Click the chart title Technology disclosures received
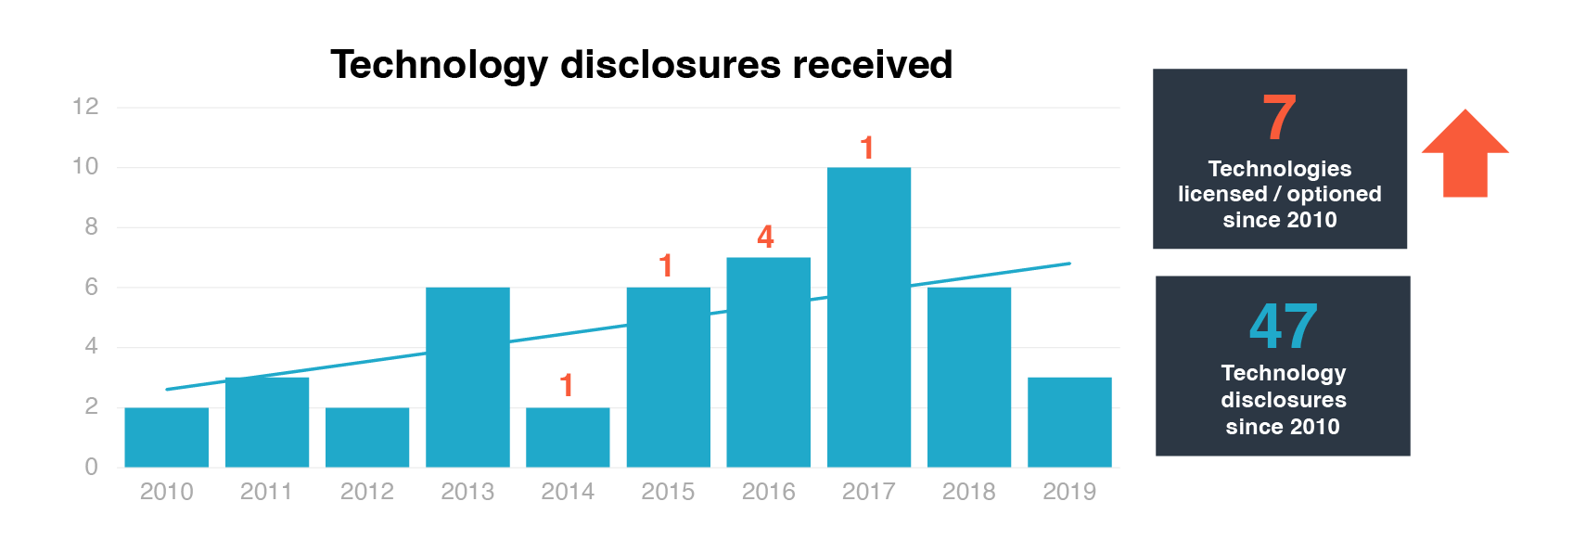click(x=641, y=65)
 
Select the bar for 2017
click(x=868, y=317)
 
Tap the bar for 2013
click(x=467, y=377)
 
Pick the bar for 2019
click(x=1069, y=422)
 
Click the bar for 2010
click(x=167, y=437)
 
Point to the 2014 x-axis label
click(x=568, y=492)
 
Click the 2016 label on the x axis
click(x=768, y=492)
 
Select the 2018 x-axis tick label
click(x=968, y=492)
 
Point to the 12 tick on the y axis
click(x=85, y=107)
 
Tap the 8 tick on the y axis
click(x=91, y=226)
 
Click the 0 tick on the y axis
click(x=91, y=467)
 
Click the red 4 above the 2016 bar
click(x=765, y=237)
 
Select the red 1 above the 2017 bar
click(x=867, y=148)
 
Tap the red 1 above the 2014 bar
click(x=567, y=385)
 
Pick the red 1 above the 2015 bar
click(x=666, y=266)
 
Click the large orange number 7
click(x=1279, y=118)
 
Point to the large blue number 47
click(x=1283, y=327)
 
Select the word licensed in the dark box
click(x=1222, y=194)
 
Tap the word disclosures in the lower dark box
click(x=1283, y=400)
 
